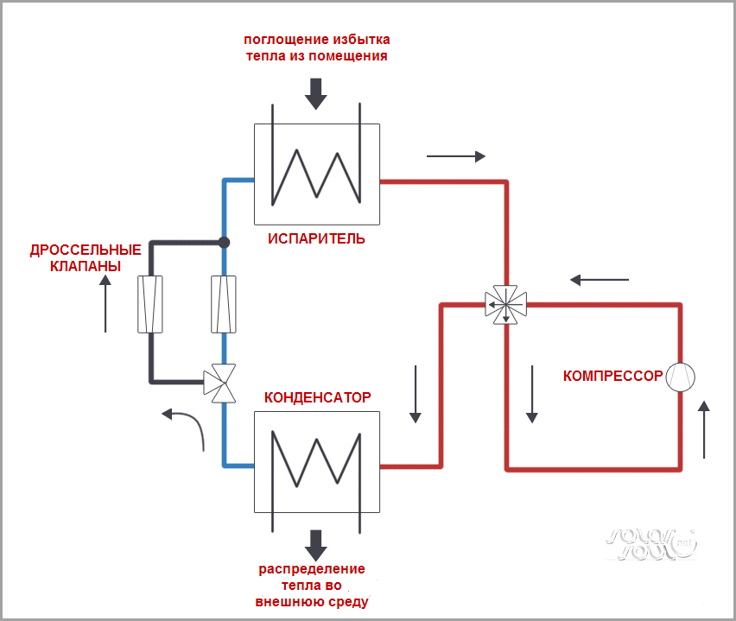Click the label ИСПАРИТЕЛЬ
[x=317, y=238]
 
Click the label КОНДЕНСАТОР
[x=317, y=397]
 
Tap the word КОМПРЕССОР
[x=612, y=376]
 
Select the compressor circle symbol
[x=681, y=376]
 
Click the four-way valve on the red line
[x=506, y=304]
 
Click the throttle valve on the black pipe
[x=150, y=304]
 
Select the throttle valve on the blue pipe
[x=224, y=304]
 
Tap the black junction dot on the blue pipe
[x=224, y=243]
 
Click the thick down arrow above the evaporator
[x=316, y=93]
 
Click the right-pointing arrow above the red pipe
[x=456, y=156]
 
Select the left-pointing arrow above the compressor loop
[x=600, y=280]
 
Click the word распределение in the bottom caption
[x=312, y=569]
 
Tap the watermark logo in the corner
[x=650, y=542]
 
